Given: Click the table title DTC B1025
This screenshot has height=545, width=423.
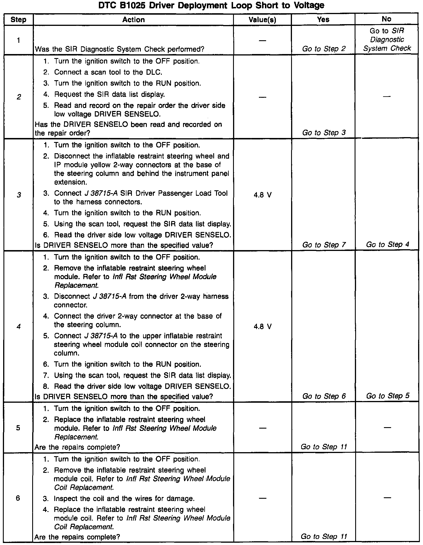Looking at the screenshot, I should [x=211, y=5].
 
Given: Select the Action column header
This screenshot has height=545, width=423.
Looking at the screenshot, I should [x=133, y=20].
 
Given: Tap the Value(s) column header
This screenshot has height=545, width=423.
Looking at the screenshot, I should [x=262, y=20].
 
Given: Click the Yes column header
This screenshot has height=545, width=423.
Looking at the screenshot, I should [x=323, y=19].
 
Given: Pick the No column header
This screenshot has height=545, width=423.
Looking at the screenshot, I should [x=387, y=19].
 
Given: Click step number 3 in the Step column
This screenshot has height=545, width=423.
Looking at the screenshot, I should [x=19, y=195].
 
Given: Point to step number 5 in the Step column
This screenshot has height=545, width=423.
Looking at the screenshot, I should [x=18, y=428].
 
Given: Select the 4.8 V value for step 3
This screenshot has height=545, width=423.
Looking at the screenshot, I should [x=263, y=195].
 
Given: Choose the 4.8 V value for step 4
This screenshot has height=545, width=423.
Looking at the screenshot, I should [x=263, y=327].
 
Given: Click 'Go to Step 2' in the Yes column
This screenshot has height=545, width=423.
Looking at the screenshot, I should [x=324, y=49].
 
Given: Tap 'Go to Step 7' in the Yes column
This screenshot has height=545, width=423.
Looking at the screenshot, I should [x=324, y=245].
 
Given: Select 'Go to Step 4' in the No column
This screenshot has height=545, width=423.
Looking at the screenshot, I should [x=387, y=245].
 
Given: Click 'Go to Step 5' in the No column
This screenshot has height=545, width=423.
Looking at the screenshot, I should [x=387, y=396].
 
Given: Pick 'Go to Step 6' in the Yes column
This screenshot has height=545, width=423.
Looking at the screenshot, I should [x=324, y=396].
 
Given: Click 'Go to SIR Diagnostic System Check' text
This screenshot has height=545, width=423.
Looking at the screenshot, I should [x=387, y=40].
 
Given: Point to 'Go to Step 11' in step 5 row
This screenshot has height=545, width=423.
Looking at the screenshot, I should [x=324, y=447].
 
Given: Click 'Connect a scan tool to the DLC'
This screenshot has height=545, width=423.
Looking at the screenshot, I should [x=108, y=72].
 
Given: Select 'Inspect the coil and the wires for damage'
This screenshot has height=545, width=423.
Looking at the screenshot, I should [x=124, y=499].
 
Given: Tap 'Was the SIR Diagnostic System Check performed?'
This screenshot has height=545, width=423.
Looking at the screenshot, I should [x=120, y=49].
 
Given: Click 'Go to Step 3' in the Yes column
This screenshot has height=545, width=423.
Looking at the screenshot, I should [x=324, y=133].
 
